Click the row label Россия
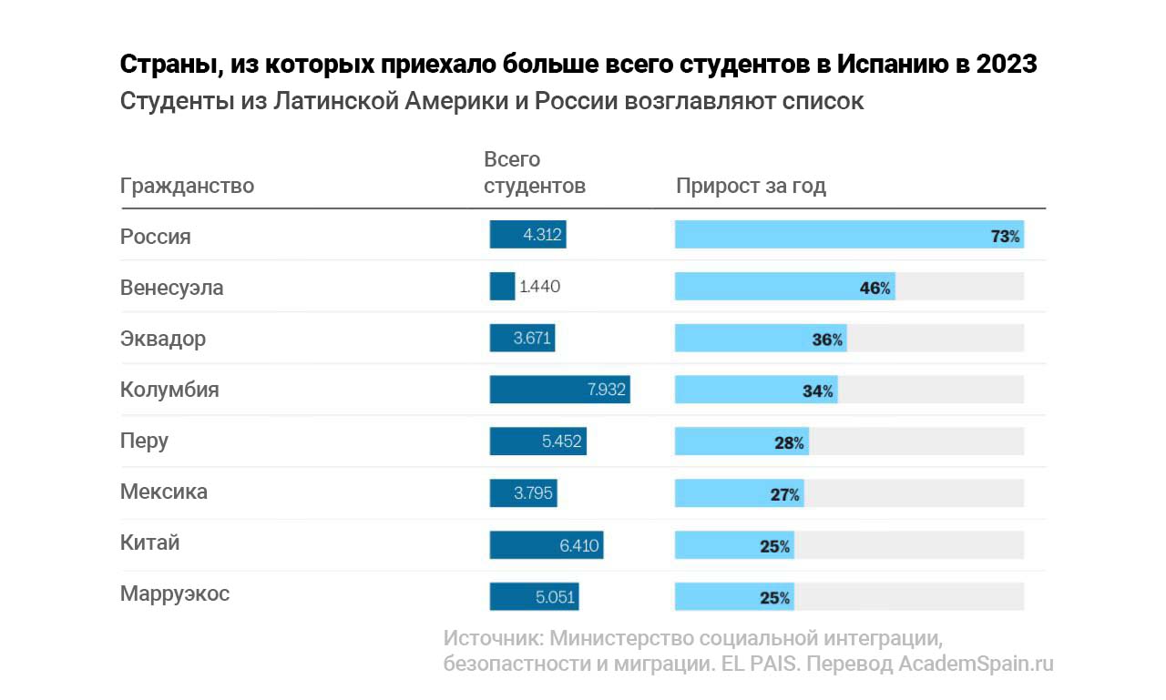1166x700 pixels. tap(156, 237)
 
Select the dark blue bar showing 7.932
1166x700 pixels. tap(559, 391)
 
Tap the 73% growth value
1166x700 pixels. tap(1005, 237)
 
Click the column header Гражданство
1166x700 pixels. tap(187, 187)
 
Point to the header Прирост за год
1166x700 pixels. tap(751, 187)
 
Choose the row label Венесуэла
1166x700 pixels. tap(171, 288)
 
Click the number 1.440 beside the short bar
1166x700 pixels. tap(539, 288)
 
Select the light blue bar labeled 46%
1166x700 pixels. tap(784, 288)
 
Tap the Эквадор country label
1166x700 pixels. tap(163, 339)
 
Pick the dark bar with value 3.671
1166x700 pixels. tap(522, 339)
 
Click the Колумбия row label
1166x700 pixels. tap(169, 391)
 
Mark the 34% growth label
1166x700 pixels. tap(817, 391)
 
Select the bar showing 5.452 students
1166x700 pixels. tap(537, 441)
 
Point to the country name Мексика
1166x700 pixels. tap(164, 492)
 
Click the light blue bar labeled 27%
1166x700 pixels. tap(739, 493)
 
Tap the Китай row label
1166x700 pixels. tap(150, 543)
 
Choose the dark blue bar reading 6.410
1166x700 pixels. tap(546, 545)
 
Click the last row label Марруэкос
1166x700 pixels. tap(175, 594)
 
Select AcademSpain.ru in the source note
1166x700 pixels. tap(976, 664)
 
